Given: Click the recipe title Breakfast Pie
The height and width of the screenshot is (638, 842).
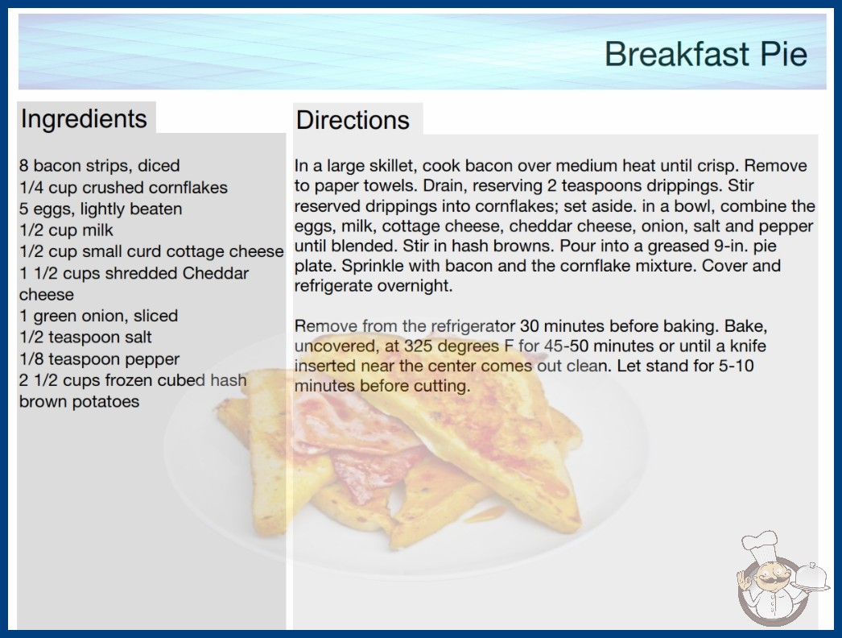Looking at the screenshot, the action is point(706,54).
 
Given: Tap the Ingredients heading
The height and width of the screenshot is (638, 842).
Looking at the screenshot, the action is point(84,118).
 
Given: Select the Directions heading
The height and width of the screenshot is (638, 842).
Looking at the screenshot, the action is point(353,120).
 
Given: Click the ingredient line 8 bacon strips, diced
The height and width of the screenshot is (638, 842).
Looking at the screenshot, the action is point(99,166).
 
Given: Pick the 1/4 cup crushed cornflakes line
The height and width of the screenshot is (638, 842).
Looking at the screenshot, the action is point(123,188).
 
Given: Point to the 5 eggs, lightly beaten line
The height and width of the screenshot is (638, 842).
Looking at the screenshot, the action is point(101,209).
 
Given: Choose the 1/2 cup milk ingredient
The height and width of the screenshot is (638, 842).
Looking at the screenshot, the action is point(66,230).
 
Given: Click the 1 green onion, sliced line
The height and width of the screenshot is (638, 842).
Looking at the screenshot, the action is point(98,316).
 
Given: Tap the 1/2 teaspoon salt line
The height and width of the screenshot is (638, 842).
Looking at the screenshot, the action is point(85,338).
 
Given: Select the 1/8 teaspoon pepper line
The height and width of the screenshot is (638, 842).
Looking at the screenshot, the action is point(99,359).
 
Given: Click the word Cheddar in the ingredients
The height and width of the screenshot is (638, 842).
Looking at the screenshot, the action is point(216,273).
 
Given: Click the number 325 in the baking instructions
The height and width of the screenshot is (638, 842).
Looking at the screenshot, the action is point(419,346).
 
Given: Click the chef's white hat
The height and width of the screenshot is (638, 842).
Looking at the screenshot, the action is point(760,545).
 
